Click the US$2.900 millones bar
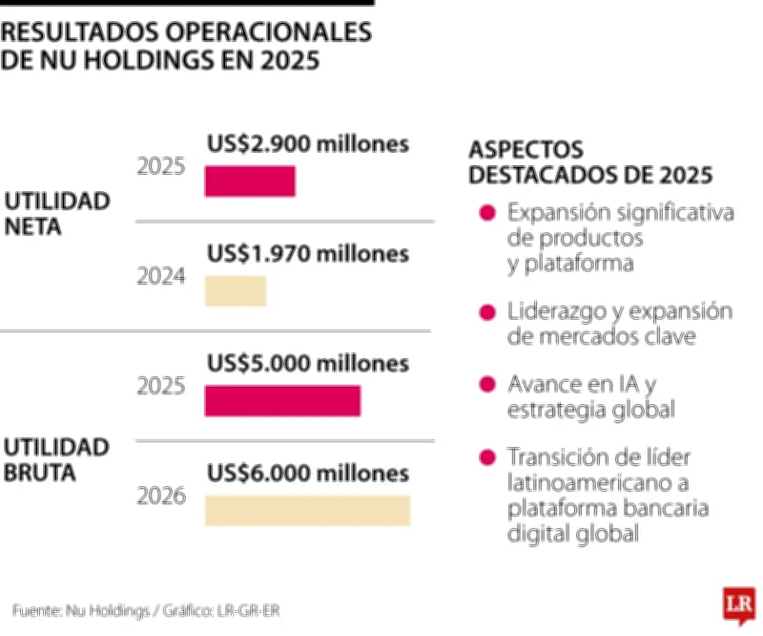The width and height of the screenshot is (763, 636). (x=250, y=181)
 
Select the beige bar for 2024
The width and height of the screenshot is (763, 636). (x=236, y=291)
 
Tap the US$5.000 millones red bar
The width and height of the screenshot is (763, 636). (x=282, y=401)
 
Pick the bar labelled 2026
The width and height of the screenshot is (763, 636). (x=307, y=511)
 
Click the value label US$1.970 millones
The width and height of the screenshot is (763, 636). (x=308, y=254)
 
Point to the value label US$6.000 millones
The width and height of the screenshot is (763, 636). (x=308, y=474)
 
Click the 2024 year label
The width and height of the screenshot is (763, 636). (x=161, y=277)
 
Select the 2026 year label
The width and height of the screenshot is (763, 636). (x=161, y=497)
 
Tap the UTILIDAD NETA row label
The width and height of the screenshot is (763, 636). (x=57, y=214)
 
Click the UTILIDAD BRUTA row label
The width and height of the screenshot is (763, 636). (x=57, y=459)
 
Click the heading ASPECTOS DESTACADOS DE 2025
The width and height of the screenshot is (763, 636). (x=589, y=162)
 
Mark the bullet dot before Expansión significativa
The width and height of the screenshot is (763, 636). (x=487, y=213)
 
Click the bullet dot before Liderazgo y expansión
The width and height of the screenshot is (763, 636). (x=487, y=313)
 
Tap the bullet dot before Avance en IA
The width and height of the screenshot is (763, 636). (x=487, y=385)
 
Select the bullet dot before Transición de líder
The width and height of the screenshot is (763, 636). (x=487, y=456)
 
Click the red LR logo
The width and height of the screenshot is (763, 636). (x=736, y=604)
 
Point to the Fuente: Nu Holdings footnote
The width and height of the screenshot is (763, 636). (x=148, y=609)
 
